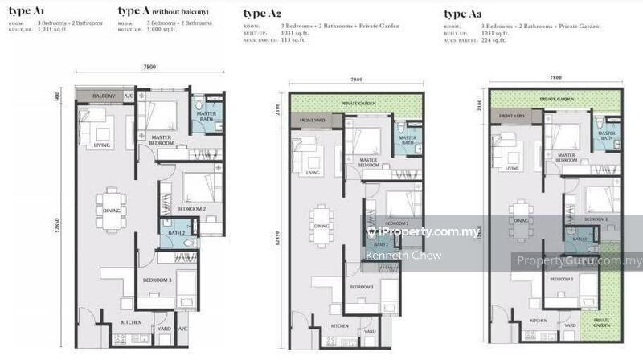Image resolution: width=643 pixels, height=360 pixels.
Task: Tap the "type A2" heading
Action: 264,14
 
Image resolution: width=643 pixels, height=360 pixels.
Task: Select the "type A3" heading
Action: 465,14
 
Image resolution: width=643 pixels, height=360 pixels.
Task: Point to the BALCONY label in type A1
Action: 104,96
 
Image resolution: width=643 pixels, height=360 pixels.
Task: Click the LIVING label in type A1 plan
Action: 102,145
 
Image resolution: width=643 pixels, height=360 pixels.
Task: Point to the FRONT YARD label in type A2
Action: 311,121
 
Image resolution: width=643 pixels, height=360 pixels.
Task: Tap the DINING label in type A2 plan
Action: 321,226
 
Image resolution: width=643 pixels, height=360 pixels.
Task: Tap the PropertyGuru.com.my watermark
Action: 579,260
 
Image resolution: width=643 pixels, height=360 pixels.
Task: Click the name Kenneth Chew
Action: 392,256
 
